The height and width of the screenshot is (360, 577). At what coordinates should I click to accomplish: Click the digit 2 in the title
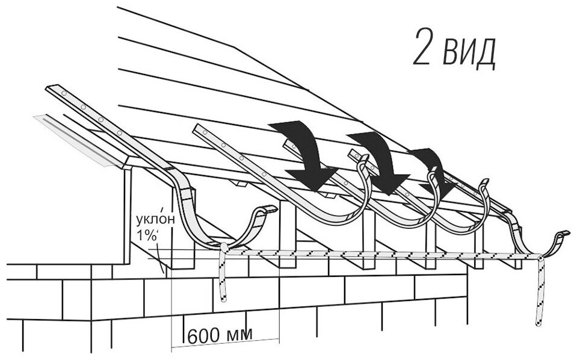pos(421,47)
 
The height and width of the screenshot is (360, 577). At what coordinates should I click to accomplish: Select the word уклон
pos(156,219)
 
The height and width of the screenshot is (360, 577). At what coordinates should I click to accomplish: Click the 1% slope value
pos(147,235)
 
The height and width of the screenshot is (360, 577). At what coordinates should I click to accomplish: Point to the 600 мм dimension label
pos(220,335)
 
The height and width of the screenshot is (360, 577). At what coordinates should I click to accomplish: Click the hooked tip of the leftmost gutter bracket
pos(271,209)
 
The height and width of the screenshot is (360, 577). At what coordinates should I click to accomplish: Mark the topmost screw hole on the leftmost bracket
pos(64,93)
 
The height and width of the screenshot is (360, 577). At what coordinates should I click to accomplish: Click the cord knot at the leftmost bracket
pos(223,247)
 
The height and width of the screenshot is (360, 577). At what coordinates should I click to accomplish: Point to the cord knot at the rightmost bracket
pos(540,256)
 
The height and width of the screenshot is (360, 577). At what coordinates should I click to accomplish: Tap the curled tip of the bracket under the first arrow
pos(363,160)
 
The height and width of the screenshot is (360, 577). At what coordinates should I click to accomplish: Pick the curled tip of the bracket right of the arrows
pos(484,182)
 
